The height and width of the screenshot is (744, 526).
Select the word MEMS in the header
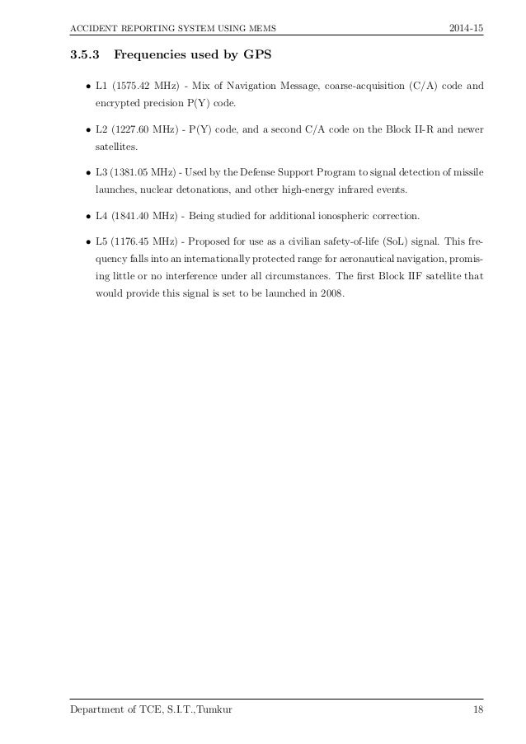259,30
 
